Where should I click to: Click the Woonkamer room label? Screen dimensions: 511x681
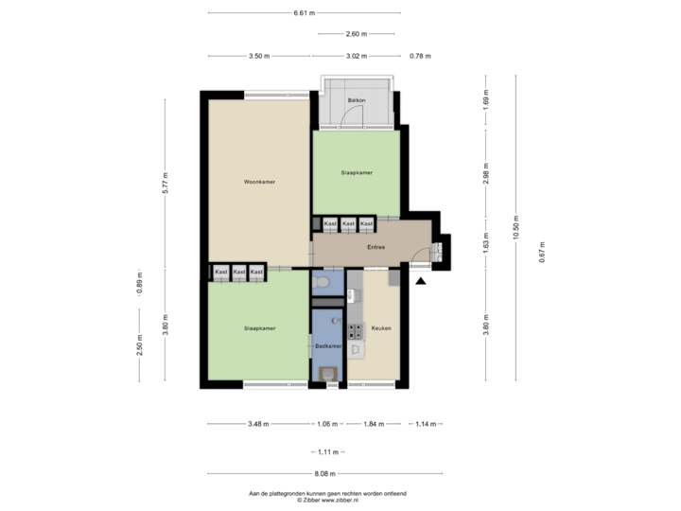258,181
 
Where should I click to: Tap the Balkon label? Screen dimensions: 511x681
357,99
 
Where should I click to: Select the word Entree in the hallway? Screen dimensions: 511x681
375,247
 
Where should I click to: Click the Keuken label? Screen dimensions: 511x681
381,328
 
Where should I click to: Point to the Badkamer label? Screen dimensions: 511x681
327,346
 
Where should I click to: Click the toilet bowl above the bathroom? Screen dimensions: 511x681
323,281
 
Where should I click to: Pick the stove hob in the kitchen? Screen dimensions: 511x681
358,330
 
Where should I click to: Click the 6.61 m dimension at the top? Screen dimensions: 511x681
305,13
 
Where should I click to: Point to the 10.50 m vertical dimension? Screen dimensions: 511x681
515,229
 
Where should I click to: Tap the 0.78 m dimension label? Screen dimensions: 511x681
421,56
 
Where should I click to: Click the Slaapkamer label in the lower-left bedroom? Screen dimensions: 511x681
258,328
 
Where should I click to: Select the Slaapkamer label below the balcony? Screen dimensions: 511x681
357,172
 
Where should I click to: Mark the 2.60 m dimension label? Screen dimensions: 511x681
358,34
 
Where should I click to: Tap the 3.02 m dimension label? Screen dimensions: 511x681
356,56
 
